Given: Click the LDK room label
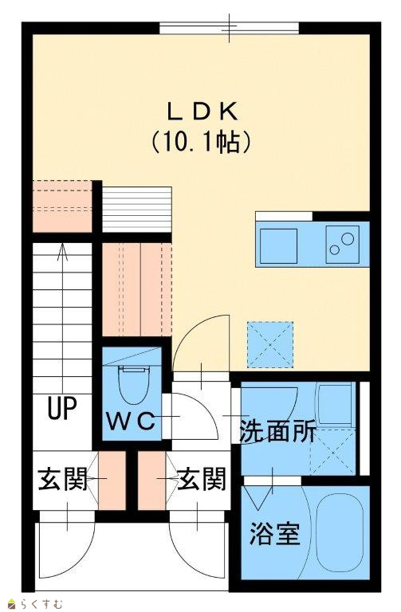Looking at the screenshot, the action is [x=202, y=112].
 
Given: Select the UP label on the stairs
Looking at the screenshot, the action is [x=62, y=408].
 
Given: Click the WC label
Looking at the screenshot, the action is [x=132, y=422].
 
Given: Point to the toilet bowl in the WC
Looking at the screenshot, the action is [x=134, y=385].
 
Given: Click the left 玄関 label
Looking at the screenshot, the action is [x=62, y=479].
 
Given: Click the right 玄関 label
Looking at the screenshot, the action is [x=202, y=479].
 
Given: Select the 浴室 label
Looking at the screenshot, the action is [x=275, y=534].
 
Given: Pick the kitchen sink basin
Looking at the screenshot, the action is [x=278, y=246].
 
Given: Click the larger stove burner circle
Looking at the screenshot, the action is [x=347, y=238].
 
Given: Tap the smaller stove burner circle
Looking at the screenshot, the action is [x=334, y=249].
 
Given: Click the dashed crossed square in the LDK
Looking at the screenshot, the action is [x=269, y=344].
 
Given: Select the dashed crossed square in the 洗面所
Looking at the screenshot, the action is [x=332, y=452].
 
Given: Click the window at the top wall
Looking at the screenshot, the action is [x=229, y=28].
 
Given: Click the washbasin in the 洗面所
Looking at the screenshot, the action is [x=336, y=404].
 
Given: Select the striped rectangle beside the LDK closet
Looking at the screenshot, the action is [x=136, y=210].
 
